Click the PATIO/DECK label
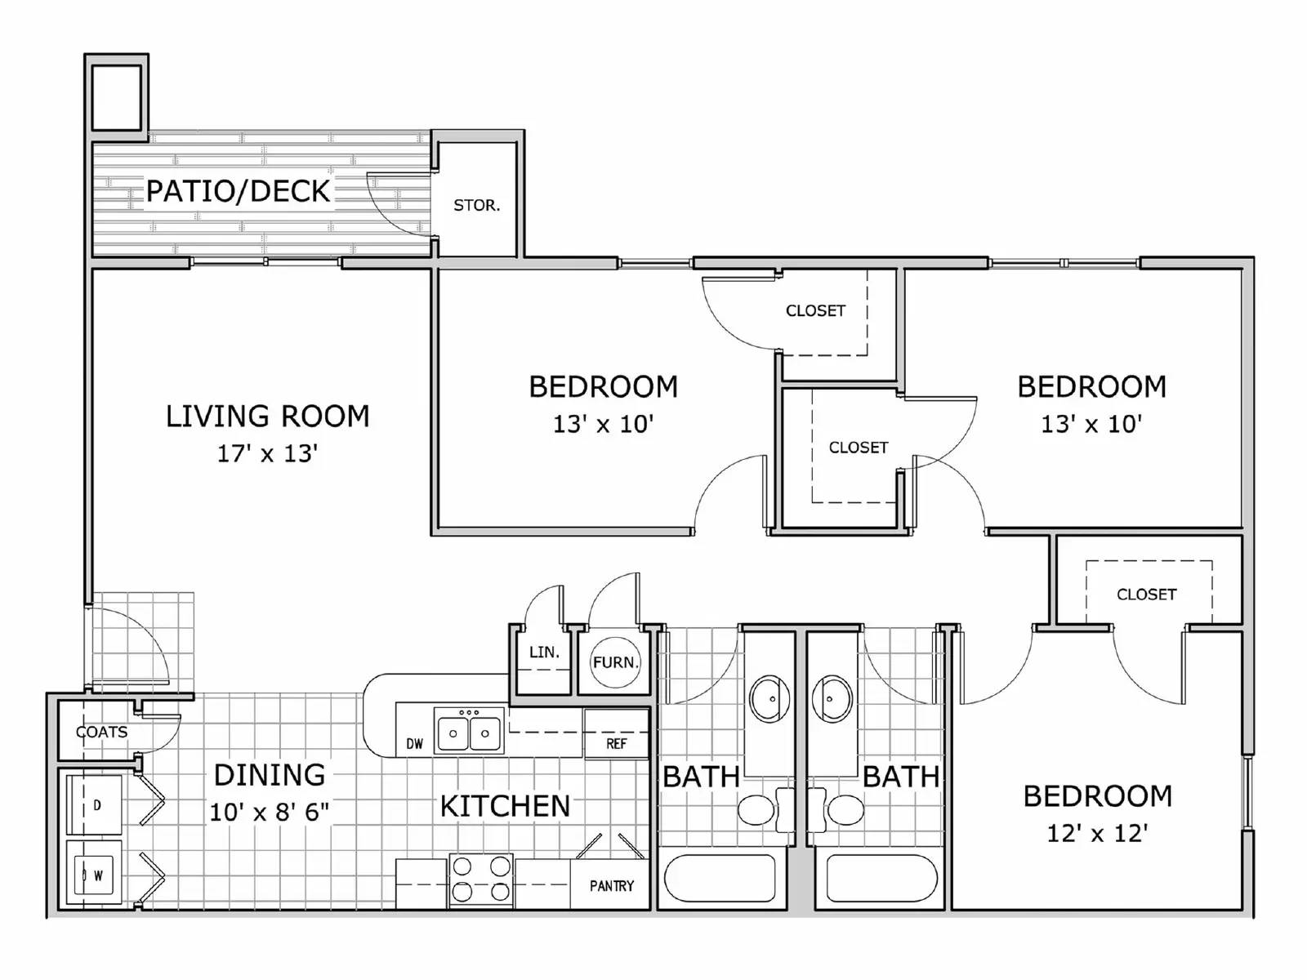238,191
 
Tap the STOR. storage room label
476,205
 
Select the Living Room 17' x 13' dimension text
267,453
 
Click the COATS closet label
102,732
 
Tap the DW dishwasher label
415,743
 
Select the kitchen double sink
469,732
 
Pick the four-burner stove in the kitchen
481,880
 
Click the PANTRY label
611,885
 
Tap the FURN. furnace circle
615,662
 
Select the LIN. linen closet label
544,653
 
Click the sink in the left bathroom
769,699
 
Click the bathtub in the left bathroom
720,880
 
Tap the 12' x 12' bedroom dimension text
1097,833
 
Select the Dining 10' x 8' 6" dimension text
269,812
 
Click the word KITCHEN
505,806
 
